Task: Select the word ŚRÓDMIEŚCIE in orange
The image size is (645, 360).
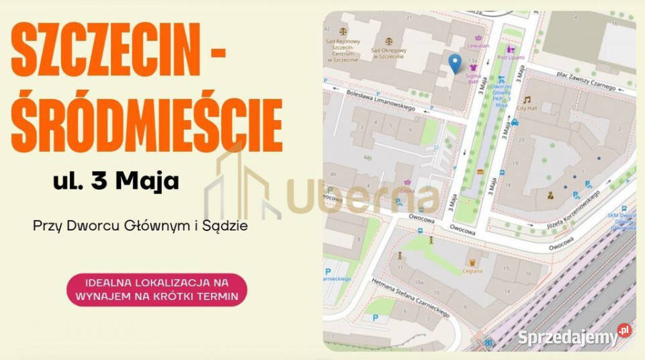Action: click(146, 125)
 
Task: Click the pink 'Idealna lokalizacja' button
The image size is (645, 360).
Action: click(157, 289)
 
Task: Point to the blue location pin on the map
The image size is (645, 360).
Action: click(455, 63)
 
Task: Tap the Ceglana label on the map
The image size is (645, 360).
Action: click(472, 271)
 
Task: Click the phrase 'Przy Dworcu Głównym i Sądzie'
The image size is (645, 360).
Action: click(140, 226)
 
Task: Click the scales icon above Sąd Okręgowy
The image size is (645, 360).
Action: click(388, 41)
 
